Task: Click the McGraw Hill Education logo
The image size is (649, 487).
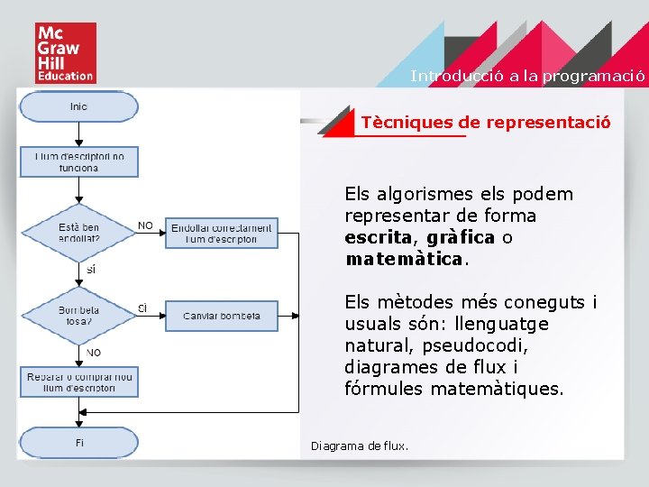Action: [x=65, y=53]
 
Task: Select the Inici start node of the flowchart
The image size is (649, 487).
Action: [x=79, y=106]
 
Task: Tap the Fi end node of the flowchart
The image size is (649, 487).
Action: [x=79, y=442]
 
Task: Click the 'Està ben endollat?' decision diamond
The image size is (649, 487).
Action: [x=79, y=233]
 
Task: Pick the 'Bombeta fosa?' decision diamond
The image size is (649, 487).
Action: [x=79, y=316]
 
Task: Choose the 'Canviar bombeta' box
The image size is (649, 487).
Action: [x=222, y=316]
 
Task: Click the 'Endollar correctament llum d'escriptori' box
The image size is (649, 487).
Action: [x=222, y=233]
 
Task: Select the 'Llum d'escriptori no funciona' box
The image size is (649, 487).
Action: [x=79, y=161]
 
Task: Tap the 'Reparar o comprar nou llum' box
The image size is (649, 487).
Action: [x=79, y=381]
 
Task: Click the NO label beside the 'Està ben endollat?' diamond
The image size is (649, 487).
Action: [x=145, y=225]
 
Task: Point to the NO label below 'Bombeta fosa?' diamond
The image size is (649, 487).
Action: [x=93, y=352]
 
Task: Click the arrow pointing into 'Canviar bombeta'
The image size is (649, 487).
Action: [x=155, y=316]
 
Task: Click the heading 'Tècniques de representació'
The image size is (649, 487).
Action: [x=485, y=122]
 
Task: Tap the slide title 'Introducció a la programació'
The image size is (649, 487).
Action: [x=527, y=76]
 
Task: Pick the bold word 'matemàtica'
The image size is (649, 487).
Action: [x=403, y=259]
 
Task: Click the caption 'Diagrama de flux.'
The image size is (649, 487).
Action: [x=359, y=446]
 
